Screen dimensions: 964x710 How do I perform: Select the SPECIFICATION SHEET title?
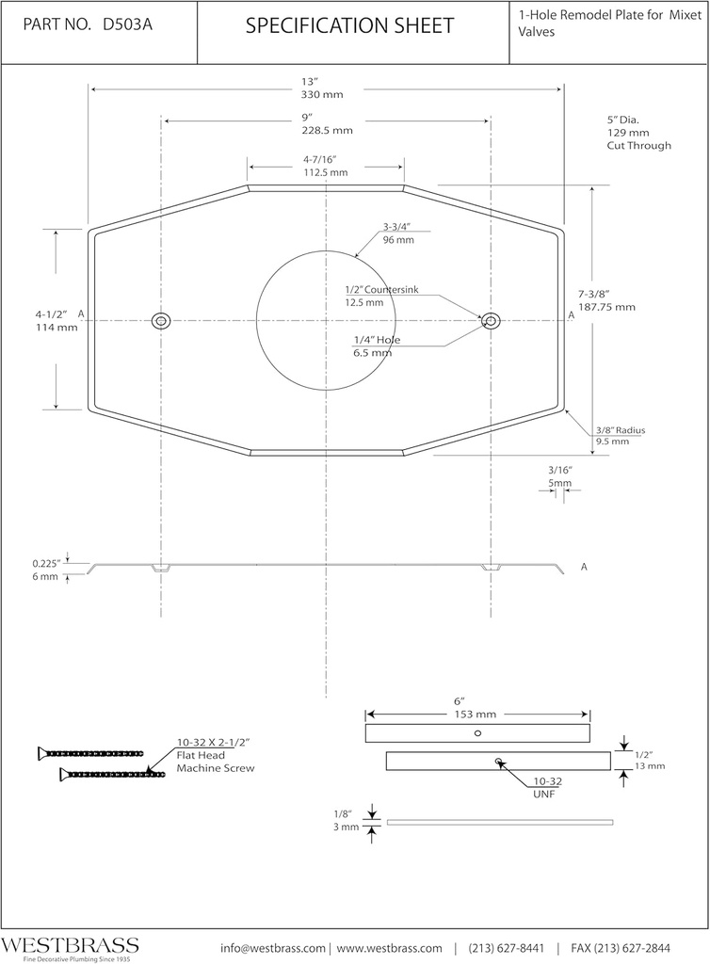click(x=349, y=26)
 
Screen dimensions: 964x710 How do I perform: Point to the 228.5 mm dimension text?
click(x=327, y=131)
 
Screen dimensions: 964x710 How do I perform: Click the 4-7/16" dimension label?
click(x=325, y=160)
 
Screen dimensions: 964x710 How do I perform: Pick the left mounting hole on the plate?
click(x=162, y=321)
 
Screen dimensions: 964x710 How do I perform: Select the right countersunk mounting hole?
click(x=491, y=321)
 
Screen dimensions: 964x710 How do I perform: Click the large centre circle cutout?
click(x=325, y=320)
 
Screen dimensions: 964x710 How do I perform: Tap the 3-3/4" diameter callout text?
click(x=398, y=227)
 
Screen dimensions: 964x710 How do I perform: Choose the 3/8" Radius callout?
click(x=620, y=430)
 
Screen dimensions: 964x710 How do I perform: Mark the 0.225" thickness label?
click(x=46, y=563)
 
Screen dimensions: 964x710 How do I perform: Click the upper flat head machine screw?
click(x=90, y=753)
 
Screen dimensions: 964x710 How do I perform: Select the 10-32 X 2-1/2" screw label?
click(x=213, y=742)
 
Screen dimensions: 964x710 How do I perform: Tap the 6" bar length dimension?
click(x=460, y=700)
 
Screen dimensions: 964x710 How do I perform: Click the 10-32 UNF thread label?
click(x=550, y=782)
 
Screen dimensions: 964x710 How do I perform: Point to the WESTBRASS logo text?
click(x=71, y=944)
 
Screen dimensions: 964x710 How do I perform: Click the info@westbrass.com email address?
click(x=273, y=947)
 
